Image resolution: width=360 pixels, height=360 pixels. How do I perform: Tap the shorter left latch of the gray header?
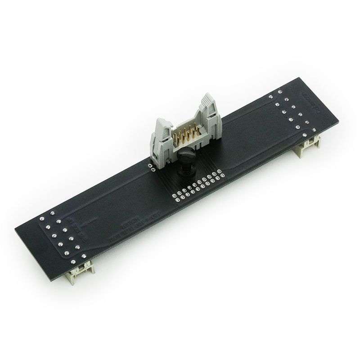[162, 135]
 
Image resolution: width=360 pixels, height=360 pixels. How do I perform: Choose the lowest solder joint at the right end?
[306, 134]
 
